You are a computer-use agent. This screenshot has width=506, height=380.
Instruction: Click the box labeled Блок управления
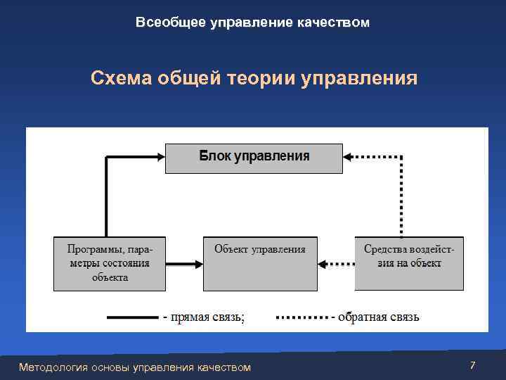pyautogui.click(x=254, y=158)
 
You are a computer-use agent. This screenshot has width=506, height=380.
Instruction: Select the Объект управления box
pyautogui.click(x=259, y=263)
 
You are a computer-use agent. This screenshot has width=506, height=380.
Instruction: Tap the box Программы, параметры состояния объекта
pyautogui.click(x=110, y=263)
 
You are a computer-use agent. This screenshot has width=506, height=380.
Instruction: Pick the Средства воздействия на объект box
pyautogui.click(x=409, y=263)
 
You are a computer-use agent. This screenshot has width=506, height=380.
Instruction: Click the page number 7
pyautogui.click(x=472, y=365)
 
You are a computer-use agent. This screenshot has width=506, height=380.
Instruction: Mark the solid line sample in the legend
pyautogui.click(x=132, y=317)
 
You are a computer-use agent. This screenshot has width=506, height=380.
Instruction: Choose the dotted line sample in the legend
pyautogui.click(x=301, y=317)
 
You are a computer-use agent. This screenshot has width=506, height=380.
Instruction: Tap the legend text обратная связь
pyautogui.click(x=378, y=317)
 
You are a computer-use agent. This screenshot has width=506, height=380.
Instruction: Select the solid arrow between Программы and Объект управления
pyautogui.click(x=184, y=265)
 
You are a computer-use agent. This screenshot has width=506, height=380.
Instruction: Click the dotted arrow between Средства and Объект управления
pyautogui.click(x=336, y=265)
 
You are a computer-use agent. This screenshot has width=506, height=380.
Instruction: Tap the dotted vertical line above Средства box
pyautogui.click(x=401, y=197)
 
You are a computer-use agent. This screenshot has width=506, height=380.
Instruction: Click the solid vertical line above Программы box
pyautogui.click(x=106, y=197)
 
